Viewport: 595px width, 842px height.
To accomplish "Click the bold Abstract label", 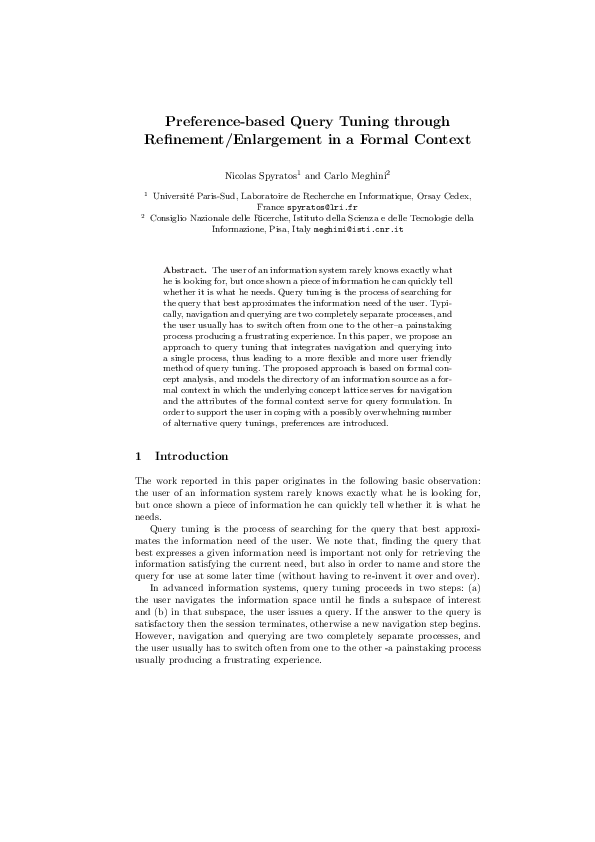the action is [184, 271].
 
